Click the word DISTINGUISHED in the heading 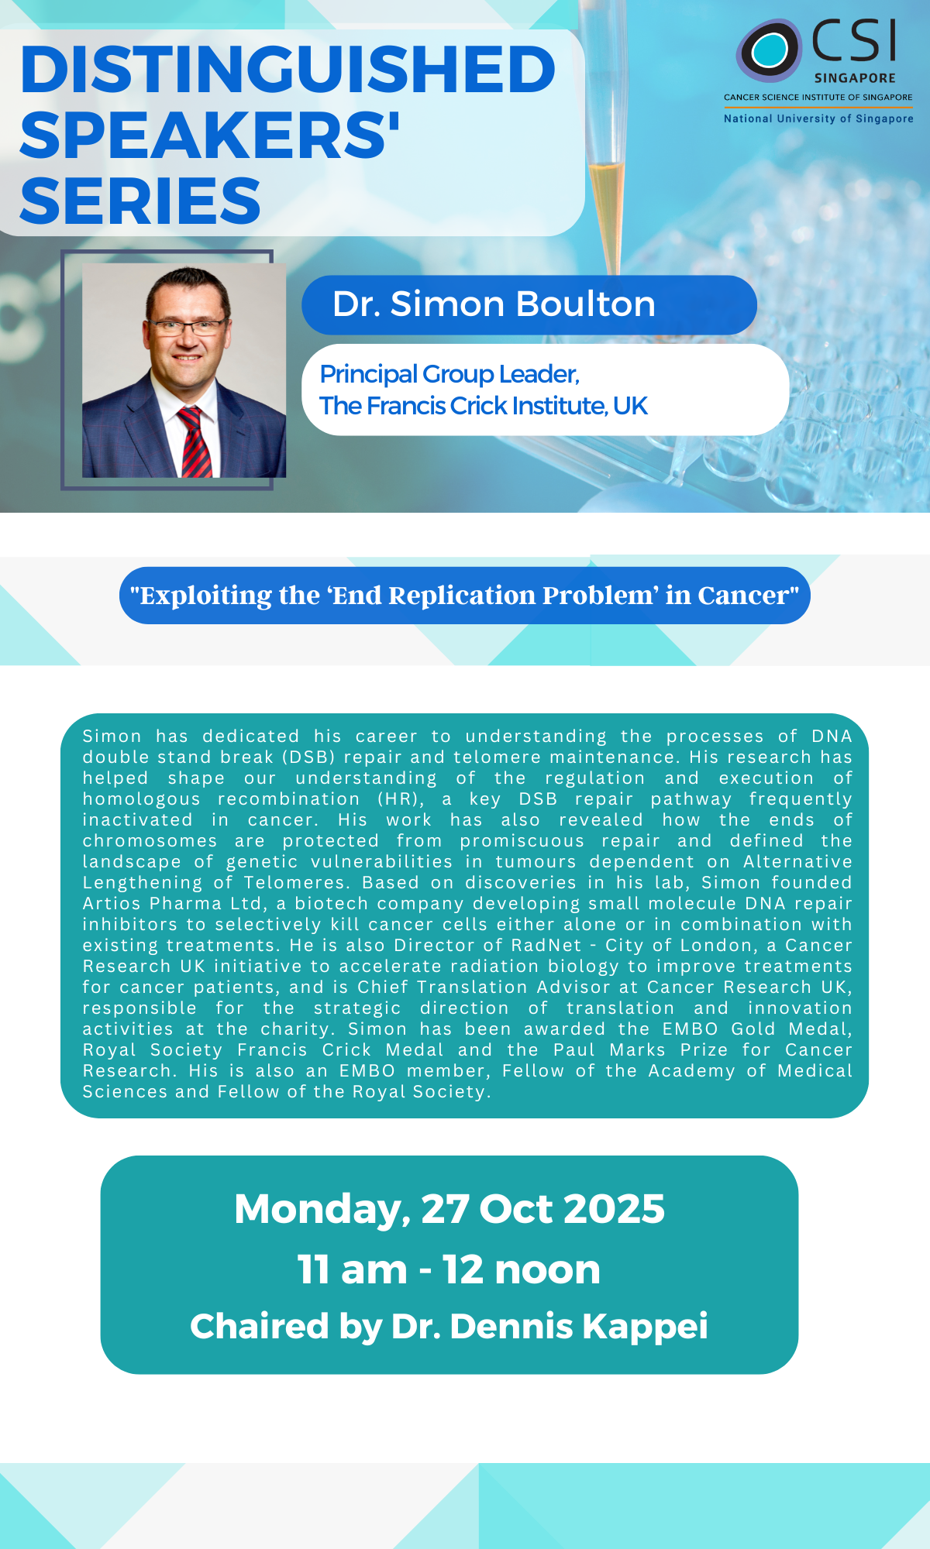288,70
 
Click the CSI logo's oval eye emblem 768,50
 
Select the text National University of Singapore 818,118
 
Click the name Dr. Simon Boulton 494,304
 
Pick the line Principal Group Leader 449,375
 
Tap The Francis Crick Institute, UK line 484,406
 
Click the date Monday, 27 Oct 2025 449,1209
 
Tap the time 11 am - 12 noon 449,1269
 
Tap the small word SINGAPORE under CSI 855,78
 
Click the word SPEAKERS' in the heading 209,136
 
